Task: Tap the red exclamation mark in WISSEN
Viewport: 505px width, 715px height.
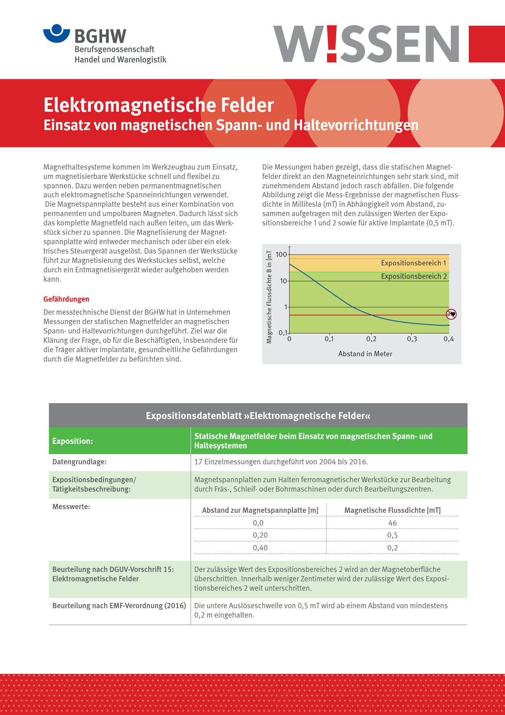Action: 332,44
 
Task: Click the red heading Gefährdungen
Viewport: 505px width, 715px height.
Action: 66,299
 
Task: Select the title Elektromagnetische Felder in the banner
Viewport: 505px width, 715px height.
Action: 158,105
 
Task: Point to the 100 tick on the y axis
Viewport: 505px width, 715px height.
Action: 281,254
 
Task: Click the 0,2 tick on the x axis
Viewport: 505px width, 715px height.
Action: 371,339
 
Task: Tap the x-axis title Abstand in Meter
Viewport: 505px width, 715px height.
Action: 365,354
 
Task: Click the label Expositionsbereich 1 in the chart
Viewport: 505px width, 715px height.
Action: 413,263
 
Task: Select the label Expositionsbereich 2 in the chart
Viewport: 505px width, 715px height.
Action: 414,276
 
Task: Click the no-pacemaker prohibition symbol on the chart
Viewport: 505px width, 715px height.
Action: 451,314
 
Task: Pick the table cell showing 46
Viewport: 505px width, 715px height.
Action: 393,523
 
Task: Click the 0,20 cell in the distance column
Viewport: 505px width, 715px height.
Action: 260,535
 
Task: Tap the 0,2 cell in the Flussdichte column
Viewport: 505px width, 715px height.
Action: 393,548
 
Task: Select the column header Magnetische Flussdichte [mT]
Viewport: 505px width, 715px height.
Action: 392,510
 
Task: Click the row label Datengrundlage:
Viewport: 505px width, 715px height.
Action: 79,462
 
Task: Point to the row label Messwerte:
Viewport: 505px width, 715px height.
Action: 71,507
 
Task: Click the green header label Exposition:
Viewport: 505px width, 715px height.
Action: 72,441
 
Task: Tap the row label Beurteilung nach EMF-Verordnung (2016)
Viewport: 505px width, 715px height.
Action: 119,606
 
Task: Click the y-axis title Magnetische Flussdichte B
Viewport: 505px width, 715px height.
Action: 269,297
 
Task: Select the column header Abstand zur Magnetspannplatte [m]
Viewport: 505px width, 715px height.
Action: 260,510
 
